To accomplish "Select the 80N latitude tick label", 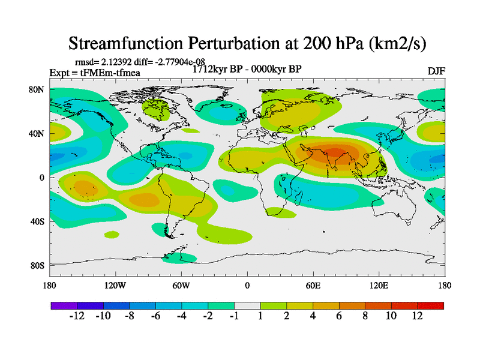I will pyautogui.click(x=38, y=90).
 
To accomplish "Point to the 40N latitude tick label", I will pyautogui.click(x=38, y=134).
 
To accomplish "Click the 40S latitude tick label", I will pyautogui.click(x=38, y=221).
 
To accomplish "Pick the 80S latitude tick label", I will pyautogui.click(x=38, y=265).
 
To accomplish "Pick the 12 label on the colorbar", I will pyautogui.click(x=418, y=316).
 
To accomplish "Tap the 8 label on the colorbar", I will pyautogui.click(x=365, y=316).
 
